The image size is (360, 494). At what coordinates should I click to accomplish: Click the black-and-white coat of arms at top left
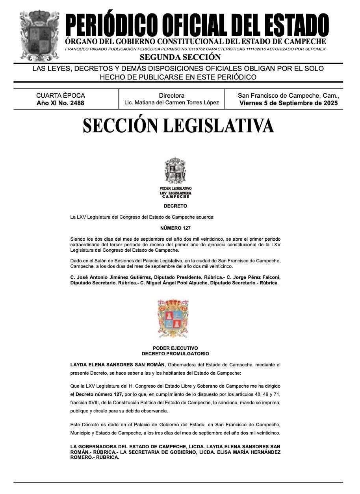tap(40, 34)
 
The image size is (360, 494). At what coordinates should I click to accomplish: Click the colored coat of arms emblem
tap(173, 314)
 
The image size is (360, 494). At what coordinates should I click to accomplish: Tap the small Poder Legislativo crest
tap(175, 171)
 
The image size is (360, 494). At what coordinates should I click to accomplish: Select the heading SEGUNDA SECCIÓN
tap(180, 57)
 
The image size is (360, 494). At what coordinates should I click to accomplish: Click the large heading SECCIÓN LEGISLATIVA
tap(178, 125)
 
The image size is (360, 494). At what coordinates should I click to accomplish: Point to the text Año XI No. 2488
tap(60, 103)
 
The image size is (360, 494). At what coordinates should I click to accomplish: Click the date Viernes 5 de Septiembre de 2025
tap(288, 103)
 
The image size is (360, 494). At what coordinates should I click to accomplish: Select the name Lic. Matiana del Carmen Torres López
tap(171, 102)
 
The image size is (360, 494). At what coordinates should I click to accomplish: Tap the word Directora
tap(171, 95)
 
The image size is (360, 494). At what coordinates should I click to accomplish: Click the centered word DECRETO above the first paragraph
tap(175, 206)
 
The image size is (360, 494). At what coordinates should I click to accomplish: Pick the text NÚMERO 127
tap(175, 228)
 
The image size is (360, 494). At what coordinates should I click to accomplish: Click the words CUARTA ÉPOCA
tap(60, 95)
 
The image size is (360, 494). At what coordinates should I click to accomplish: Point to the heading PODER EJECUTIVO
tap(175, 348)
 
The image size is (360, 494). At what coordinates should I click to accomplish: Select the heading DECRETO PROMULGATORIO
tap(175, 354)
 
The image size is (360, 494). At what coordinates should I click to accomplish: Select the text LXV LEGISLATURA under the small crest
tap(175, 193)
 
